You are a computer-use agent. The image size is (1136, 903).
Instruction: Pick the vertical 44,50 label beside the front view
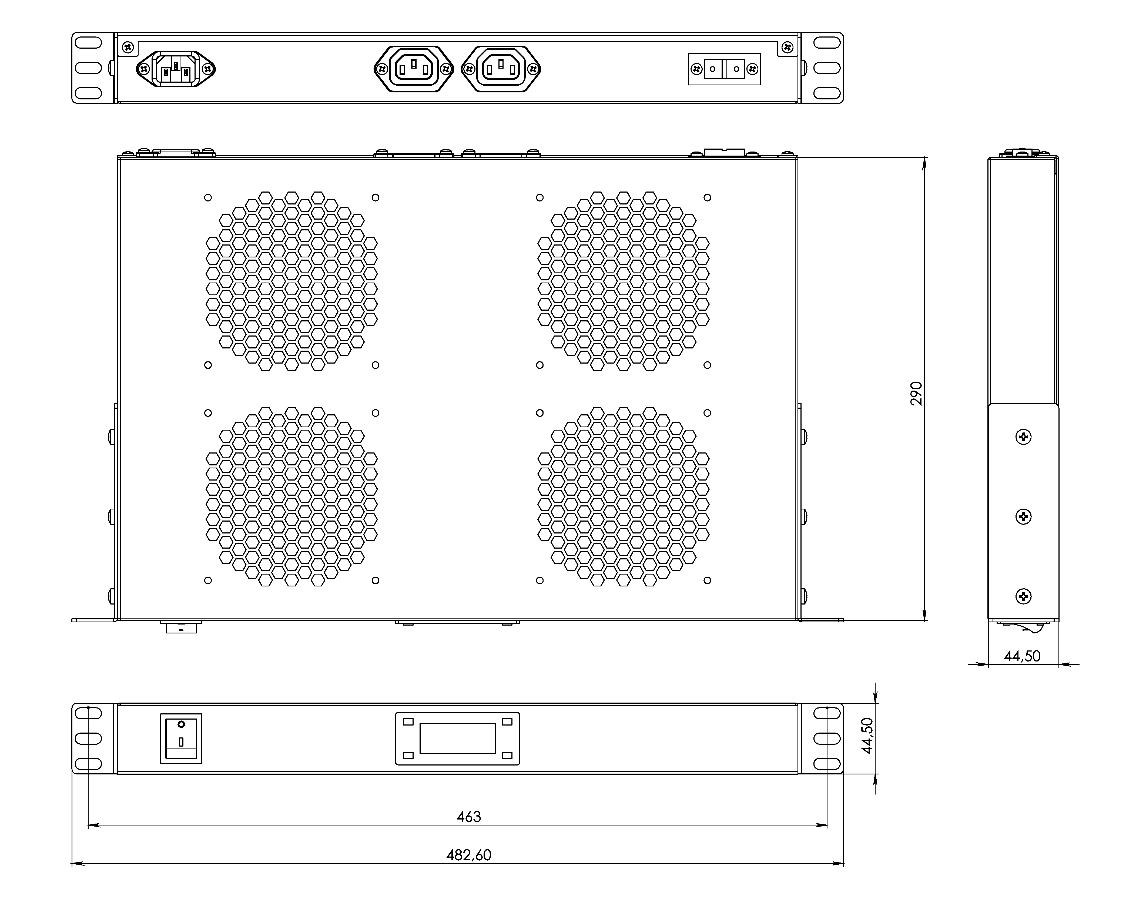tap(867, 736)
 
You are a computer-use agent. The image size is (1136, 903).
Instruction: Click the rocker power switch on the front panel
tap(181, 738)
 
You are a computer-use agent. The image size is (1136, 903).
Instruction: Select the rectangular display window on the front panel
tap(457, 738)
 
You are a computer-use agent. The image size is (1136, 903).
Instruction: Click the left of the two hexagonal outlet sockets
tap(414, 69)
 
